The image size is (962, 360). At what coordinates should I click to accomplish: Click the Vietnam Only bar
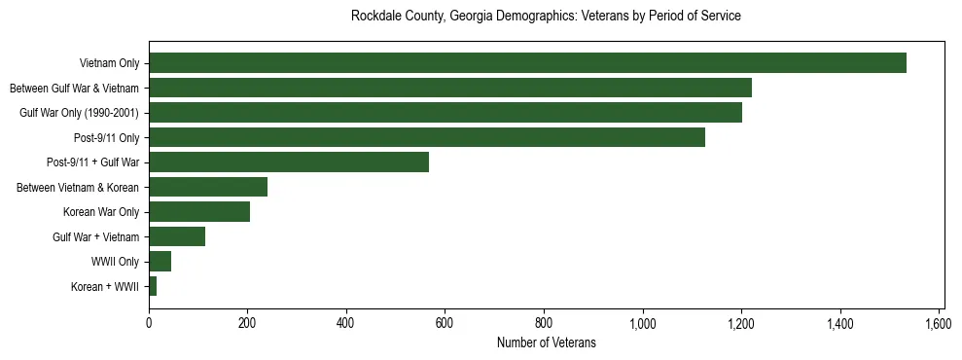click(x=527, y=63)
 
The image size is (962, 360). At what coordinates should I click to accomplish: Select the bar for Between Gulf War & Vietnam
click(x=450, y=88)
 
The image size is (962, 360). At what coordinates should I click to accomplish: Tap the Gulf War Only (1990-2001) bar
click(x=445, y=113)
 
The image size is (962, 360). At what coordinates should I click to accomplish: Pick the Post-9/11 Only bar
click(x=427, y=137)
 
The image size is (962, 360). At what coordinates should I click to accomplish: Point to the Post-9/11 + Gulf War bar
click(x=289, y=162)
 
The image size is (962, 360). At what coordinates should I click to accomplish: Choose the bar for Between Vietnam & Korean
click(x=208, y=187)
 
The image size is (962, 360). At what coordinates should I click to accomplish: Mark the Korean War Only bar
click(x=199, y=212)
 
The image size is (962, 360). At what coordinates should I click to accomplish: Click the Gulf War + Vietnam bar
click(x=177, y=236)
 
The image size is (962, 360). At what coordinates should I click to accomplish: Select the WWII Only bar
click(x=160, y=261)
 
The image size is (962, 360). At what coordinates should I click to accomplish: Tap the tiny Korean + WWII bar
click(x=153, y=286)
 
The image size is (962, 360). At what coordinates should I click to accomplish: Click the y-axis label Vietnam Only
click(x=110, y=63)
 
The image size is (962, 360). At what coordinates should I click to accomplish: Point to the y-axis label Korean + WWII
click(x=105, y=286)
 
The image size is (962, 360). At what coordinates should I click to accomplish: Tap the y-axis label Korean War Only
click(x=101, y=212)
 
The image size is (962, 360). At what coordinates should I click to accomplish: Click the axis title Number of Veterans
click(x=546, y=342)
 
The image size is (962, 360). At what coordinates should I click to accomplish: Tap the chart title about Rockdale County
click(x=546, y=17)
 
